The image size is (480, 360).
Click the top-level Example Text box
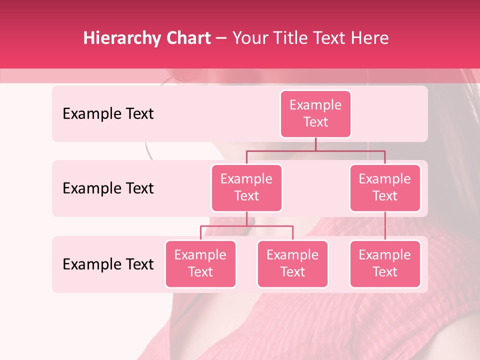click(315, 114)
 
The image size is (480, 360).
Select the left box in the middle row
click(246, 188)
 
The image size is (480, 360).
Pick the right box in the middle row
click(385, 188)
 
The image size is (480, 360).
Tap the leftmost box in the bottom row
click(200, 264)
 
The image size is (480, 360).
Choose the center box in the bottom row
click(292, 264)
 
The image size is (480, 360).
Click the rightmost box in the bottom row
click(385, 264)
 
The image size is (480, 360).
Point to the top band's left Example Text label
click(108, 114)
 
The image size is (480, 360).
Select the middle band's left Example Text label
click(108, 188)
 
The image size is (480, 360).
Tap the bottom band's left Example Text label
click(108, 264)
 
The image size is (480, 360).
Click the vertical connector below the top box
click(315, 144)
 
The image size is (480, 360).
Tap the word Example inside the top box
click(315, 105)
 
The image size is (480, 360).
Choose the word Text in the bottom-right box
click(385, 272)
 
